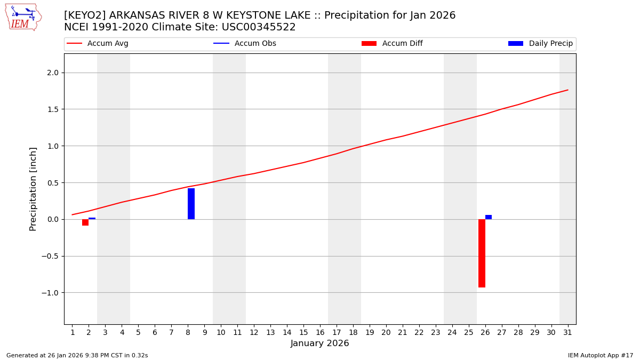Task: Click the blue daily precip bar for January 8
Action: tap(191, 204)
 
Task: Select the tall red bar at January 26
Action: tap(482, 253)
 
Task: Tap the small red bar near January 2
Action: tap(85, 222)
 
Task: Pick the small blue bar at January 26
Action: tap(489, 217)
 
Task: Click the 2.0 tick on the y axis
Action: tap(53, 73)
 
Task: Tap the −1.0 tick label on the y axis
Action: tap(51, 293)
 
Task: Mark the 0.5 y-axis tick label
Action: tap(53, 183)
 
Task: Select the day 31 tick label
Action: tap(567, 333)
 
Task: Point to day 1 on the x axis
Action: tap(73, 333)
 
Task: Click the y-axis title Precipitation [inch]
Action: tap(33, 189)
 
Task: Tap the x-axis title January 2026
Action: tap(320, 344)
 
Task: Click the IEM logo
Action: tap(23, 17)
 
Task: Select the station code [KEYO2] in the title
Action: tap(85, 15)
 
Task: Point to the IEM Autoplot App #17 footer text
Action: tap(601, 355)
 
